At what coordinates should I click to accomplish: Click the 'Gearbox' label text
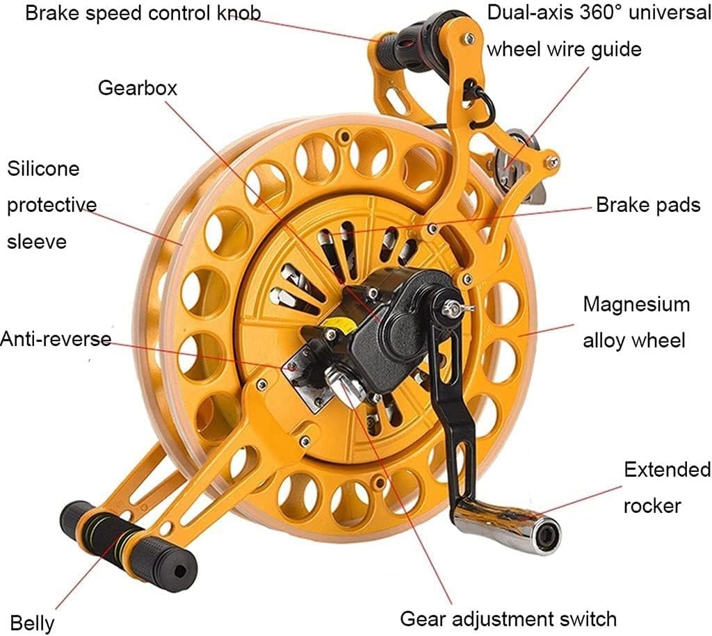point(137,88)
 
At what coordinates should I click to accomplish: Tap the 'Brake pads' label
point(648,205)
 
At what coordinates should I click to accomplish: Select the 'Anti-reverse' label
point(56,339)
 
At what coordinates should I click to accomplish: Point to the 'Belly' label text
point(32,623)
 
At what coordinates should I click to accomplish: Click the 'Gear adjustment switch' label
point(508,619)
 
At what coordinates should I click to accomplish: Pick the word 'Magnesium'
point(636,304)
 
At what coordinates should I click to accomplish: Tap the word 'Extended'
point(667,469)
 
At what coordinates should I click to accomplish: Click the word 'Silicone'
point(43,169)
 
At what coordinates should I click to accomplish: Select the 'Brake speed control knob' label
point(143,13)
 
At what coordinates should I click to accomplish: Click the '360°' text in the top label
point(600,13)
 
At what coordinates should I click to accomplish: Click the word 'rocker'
point(652,506)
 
